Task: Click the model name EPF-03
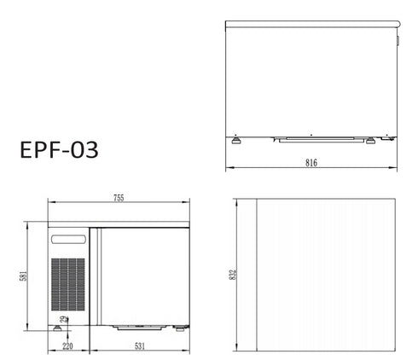pos(58,151)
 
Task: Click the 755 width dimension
pos(119,198)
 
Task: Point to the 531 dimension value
pos(139,346)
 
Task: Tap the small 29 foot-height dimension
pos(64,321)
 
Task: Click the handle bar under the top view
pos(312,138)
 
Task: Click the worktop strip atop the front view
pos(119,224)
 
